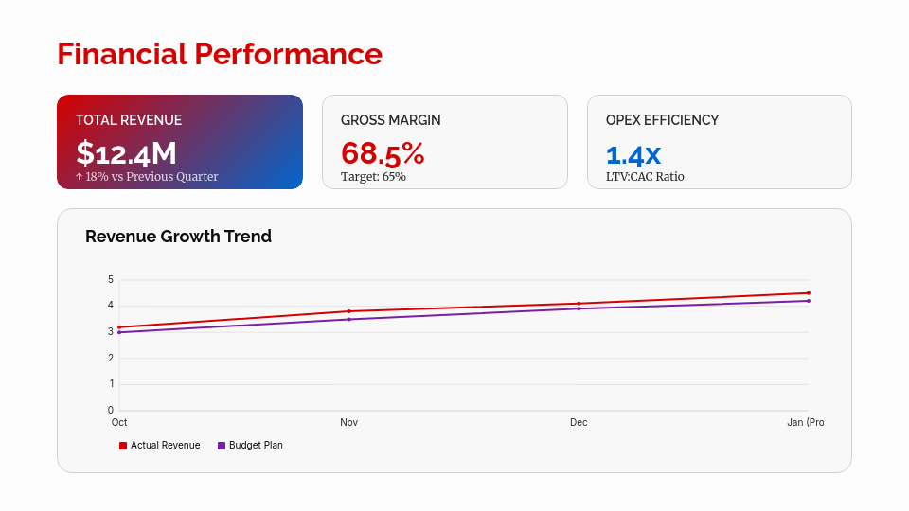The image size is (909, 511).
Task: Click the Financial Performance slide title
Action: coord(220,54)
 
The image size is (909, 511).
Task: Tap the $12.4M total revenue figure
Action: coord(127,153)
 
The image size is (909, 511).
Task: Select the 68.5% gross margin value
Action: coord(383,153)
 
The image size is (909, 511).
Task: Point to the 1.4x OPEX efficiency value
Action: coord(633,154)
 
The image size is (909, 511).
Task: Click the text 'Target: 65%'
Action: coord(373,177)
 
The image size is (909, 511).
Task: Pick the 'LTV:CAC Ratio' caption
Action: coord(645,177)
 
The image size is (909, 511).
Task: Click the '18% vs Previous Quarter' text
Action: coord(151,177)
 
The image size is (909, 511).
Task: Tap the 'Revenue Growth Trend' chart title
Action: coord(178,237)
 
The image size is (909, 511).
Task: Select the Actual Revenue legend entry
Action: coord(160,446)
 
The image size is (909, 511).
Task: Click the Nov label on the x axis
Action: coord(348,422)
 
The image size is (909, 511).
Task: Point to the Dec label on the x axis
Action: coord(579,422)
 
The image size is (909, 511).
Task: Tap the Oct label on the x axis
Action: coord(119,422)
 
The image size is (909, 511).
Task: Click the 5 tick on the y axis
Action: coord(111,280)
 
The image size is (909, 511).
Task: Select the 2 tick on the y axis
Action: coord(111,358)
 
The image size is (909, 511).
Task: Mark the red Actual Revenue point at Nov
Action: coord(348,311)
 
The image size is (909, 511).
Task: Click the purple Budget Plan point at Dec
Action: coord(579,308)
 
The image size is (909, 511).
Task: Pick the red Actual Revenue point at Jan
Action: coord(809,293)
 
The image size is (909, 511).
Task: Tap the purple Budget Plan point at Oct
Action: coord(119,332)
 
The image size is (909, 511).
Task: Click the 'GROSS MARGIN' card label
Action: coord(390,120)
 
